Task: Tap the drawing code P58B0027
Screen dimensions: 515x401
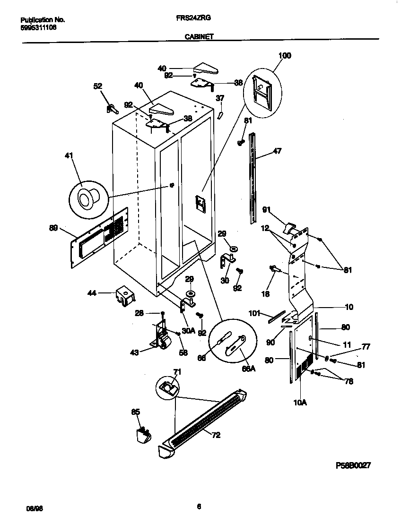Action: pyautogui.click(x=353, y=465)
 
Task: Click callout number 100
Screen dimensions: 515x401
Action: pyautogui.click(x=285, y=56)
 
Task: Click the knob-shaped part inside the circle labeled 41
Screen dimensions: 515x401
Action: pyautogui.click(x=88, y=197)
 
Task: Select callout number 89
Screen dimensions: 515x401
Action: pyautogui.click(x=53, y=228)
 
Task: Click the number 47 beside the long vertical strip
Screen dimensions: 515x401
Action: pyautogui.click(x=278, y=152)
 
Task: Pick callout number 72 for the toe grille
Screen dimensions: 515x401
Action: pyautogui.click(x=216, y=435)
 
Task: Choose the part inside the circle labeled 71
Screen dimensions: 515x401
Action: pyautogui.click(x=166, y=388)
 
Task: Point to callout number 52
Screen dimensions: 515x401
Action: pyautogui.click(x=97, y=86)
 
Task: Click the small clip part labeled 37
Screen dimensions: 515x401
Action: pyautogui.click(x=220, y=115)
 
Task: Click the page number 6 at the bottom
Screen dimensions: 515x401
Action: pyautogui.click(x=199, y=506)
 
